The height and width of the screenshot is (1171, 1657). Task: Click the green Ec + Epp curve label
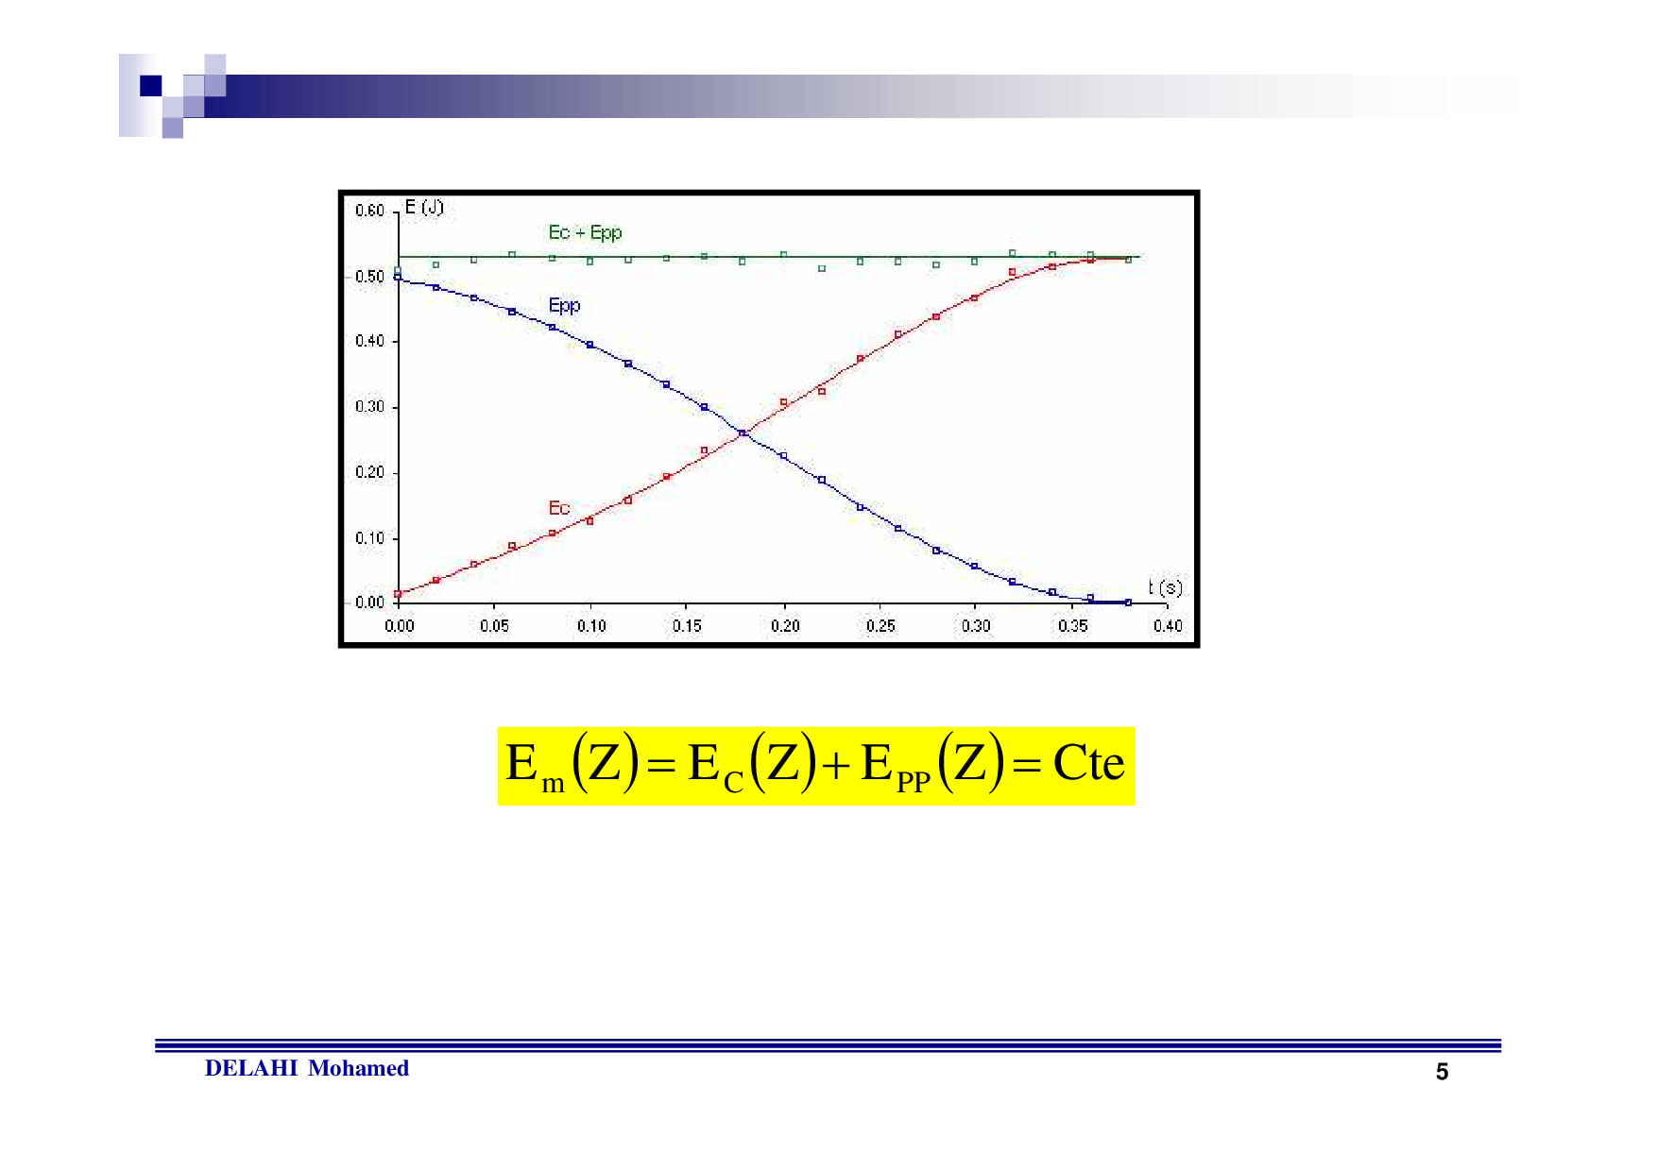(585, 232)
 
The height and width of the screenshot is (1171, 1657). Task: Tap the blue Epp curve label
(564, 305)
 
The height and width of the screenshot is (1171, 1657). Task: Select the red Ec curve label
(559, 508)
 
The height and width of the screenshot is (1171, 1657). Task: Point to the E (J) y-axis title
(424, 207)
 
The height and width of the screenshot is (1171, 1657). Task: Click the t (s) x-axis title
(1165, 587)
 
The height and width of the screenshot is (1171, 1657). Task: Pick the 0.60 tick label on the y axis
(369, 211)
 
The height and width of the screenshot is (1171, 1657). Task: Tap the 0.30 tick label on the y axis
(369, 407)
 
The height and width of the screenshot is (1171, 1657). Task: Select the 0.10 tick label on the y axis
(369, 538)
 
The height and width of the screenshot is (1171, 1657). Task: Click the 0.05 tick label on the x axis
(494, 625)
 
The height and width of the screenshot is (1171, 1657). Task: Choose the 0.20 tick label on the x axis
(784, 625)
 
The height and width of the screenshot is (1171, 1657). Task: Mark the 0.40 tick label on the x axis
(1168, 625)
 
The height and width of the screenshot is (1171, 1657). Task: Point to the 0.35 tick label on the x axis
(1072, 625)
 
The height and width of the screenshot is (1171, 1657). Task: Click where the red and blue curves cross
(742, 433)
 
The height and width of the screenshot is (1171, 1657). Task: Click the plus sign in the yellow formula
(835, 766)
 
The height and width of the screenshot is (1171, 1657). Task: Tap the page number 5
(1442, 1072)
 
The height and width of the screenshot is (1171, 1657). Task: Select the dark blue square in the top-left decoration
(151, 86)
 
